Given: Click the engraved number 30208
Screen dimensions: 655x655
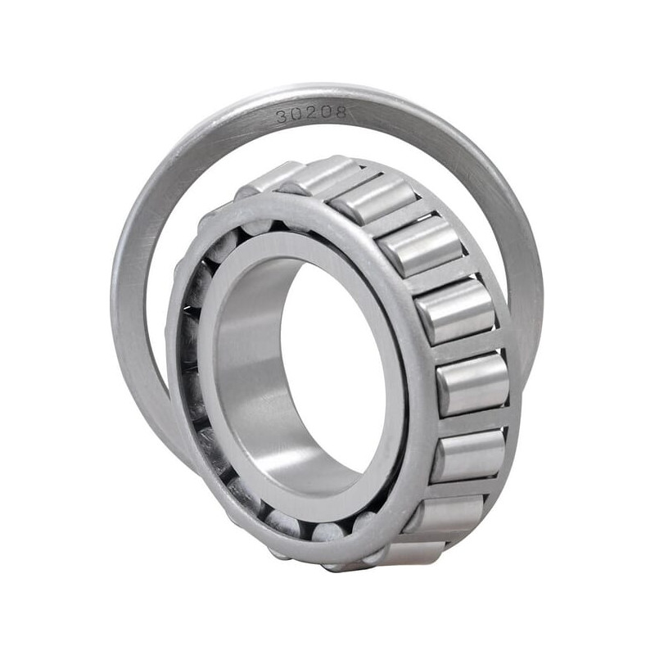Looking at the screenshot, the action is tap(311, 114).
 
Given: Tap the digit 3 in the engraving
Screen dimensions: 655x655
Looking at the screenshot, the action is tap(281, 116).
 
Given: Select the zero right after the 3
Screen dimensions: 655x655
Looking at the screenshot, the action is tap(296, 115).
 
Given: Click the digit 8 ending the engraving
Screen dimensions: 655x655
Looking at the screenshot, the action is tap(341, 112).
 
